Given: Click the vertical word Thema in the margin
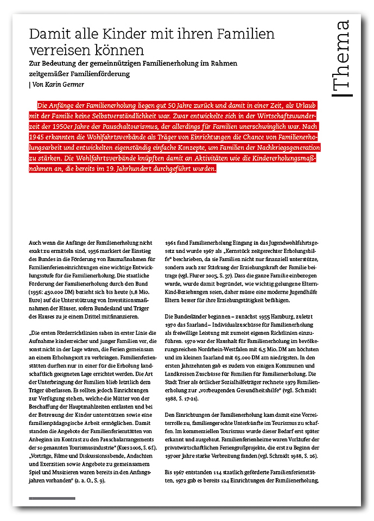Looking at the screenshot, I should pyautogui.click(x=343, y=58).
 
